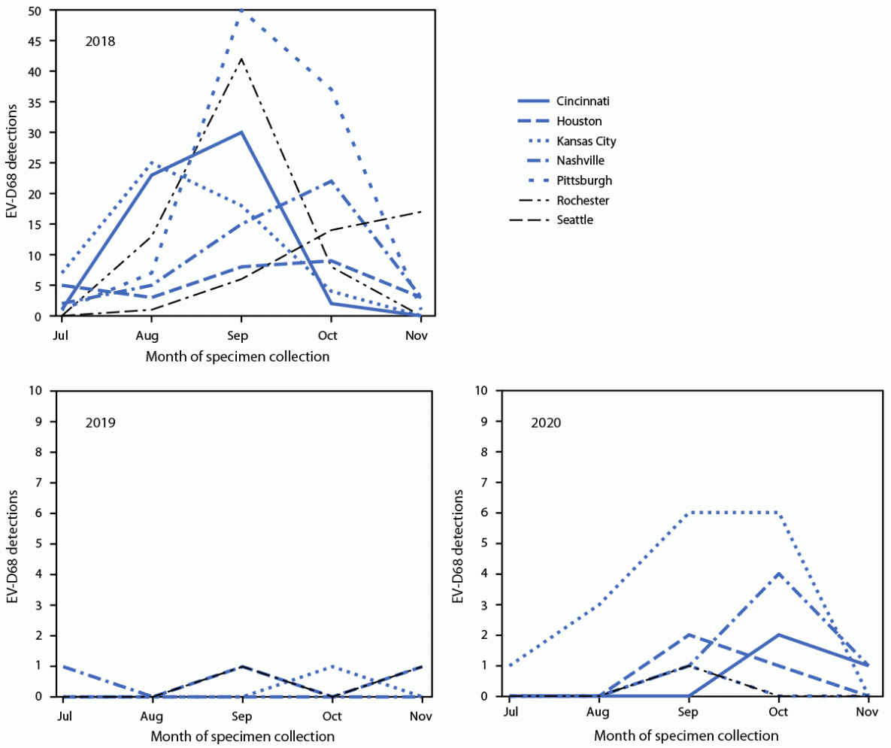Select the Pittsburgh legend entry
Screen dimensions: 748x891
(583, 180)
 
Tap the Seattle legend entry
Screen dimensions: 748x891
(575, 220)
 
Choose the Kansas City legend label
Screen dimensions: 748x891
(586, 141)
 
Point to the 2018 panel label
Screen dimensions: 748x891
(99, 41)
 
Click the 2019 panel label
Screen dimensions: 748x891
(99, 422)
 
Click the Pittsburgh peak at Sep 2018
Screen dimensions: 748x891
(241, 11)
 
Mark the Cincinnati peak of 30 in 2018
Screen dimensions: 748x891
(241, 132)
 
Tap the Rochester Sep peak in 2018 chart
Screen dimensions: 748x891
(241, 59)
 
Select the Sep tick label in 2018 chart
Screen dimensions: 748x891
(241, 336)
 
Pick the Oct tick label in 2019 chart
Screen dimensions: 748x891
(330, 716)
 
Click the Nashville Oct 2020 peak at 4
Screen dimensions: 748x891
(778, 574)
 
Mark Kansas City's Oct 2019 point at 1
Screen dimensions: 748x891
(330, 666)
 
